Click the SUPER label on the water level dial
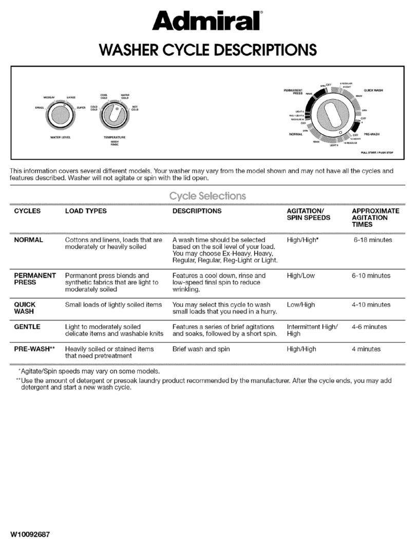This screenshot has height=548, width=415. pos(81,108)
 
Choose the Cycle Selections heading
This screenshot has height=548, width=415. pos(207,196)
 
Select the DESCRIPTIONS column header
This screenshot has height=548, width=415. pos(197,211)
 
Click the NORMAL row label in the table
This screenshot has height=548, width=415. pos(29,240)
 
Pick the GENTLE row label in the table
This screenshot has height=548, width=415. pos(27,327)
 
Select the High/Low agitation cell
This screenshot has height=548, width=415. pos(301,276)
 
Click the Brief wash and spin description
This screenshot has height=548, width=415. pos(201,349)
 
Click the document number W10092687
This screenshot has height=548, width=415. pos(32,533)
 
